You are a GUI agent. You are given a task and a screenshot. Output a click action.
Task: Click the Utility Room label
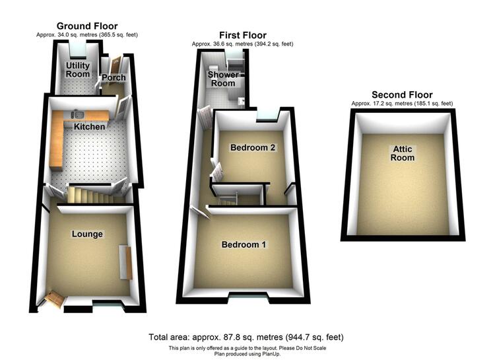click(x=78, y=70)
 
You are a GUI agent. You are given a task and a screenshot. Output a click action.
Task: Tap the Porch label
click(x=114, y=77)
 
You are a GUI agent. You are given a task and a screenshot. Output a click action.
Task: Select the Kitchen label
click(x=89, y=127)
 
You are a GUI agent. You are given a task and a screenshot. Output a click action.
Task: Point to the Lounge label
click(x=87, y=234)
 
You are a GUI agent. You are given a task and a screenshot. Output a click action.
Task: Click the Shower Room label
click(x=223, y=79)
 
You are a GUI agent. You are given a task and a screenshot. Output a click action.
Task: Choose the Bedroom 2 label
click(x=253, y=147)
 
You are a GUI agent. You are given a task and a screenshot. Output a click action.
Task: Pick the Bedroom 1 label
click(x=244, y=244)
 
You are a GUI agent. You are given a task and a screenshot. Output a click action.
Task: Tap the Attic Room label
click(x=403, y=153)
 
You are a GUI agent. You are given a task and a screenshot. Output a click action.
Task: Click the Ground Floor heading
click(x=87, y=26)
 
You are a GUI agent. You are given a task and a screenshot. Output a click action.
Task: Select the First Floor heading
click(x=243, y=35)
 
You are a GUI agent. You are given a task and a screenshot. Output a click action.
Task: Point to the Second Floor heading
click(x=402, y=94)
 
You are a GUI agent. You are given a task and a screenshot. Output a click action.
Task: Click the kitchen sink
click(x=77, y=114)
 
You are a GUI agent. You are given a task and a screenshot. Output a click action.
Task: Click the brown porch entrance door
click(x=115, y=64)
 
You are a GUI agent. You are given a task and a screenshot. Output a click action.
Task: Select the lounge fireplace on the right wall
click(x=125, y=262)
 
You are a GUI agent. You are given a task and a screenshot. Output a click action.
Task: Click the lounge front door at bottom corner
click(x=54, y=299)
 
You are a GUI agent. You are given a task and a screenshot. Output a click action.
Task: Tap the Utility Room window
click(x=78, y=50)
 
